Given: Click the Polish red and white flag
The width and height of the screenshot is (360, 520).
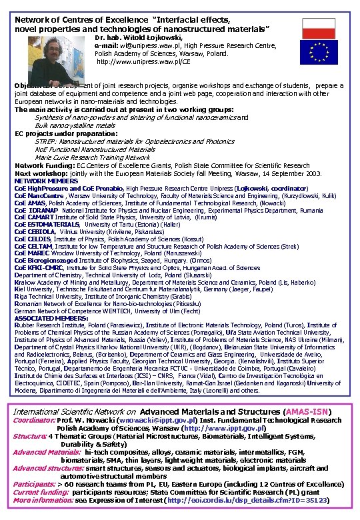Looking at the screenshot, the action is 318,28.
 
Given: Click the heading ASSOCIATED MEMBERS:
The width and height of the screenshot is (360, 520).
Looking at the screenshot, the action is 49,318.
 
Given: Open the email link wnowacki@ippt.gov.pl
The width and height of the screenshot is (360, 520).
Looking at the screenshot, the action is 158,421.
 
